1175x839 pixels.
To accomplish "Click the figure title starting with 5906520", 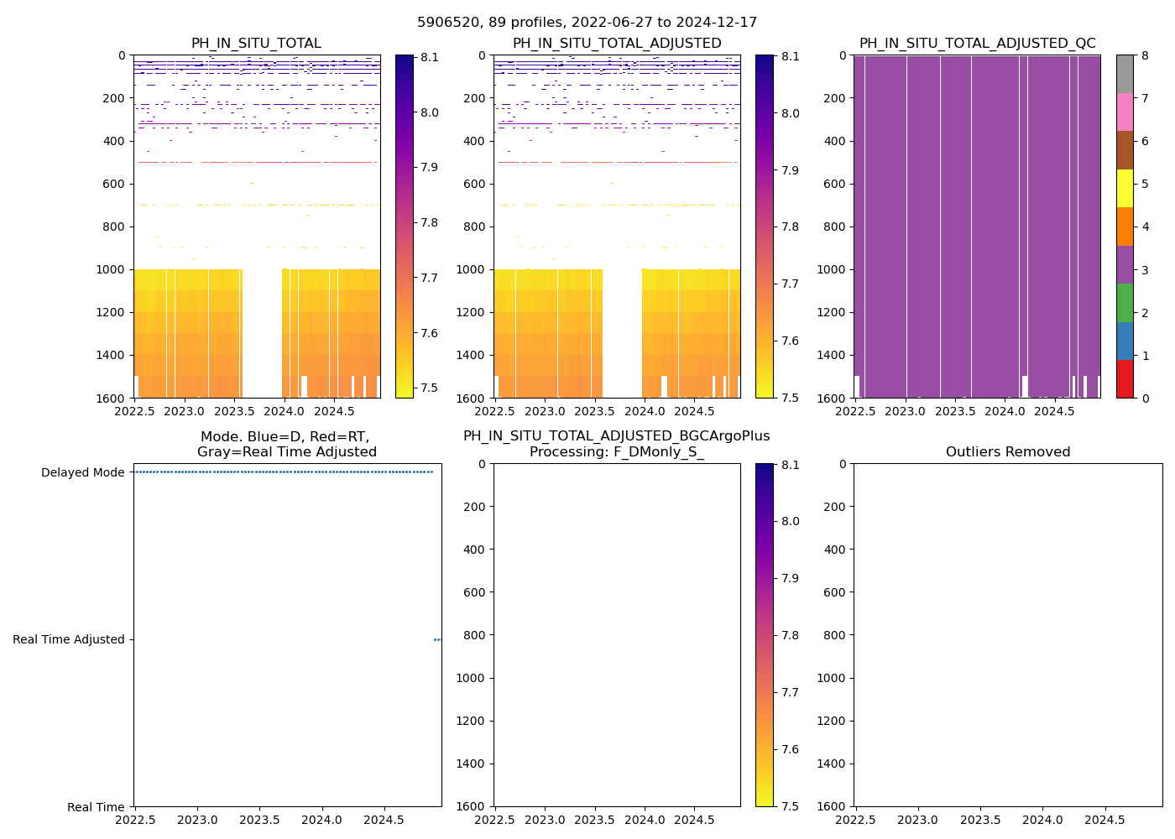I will (x=587, y=23).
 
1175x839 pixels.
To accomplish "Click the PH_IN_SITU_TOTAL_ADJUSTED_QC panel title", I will (x=977, y=44).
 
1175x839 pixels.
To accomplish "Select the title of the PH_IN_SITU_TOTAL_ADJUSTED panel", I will (x=617, y=44).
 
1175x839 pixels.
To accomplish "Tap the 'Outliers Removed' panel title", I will (x=1008, y=452).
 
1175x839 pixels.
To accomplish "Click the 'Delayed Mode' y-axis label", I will (x=82, y=472).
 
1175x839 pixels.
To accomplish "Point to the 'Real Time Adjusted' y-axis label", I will (x=68, y=639).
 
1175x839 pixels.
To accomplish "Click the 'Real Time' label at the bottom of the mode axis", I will (x=96, y=807).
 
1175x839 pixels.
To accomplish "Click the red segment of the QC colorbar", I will (x=1125, y=378).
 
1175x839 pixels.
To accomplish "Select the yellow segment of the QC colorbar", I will (x=1125, y=188).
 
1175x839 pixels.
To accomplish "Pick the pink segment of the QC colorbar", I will (x=1125, y=112).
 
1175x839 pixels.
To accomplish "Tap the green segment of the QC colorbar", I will (x=1125, y=302).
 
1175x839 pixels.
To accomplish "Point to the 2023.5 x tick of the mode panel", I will (x=260, y=820).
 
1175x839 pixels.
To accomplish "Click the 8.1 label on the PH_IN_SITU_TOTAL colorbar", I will (x=430, y=58).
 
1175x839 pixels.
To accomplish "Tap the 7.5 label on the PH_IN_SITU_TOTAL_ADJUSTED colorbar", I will (x=790, y=398).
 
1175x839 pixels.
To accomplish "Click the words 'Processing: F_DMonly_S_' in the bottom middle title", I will (x=617, y=452).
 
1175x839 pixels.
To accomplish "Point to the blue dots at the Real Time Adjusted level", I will (x=437, y=639).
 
